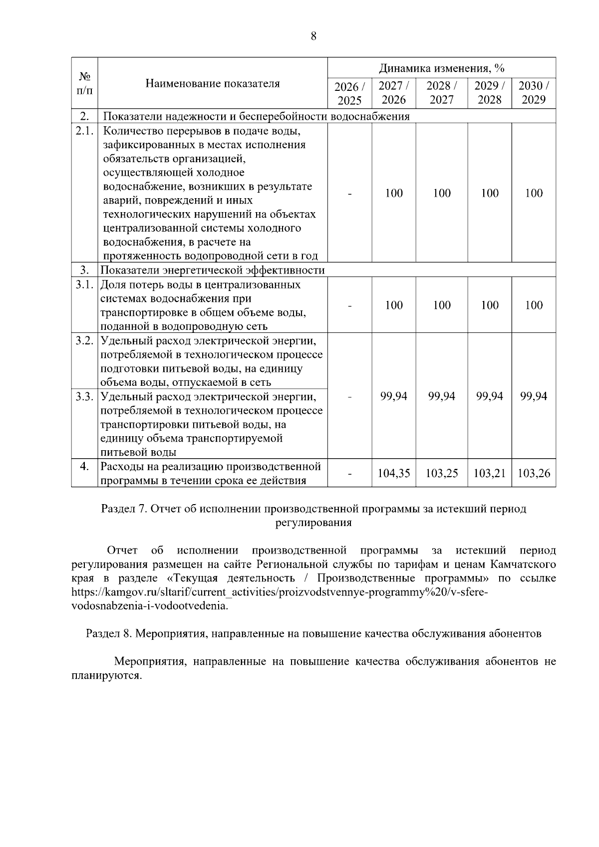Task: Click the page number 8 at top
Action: click(313, 36)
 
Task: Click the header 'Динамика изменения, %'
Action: click(442, 68)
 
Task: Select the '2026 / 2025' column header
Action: click(349, 93)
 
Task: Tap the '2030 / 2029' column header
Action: click(534, 93)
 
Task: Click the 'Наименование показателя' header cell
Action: click(213, 83)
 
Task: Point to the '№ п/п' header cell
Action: click(84, 83)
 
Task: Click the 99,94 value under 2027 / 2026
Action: click(394, 396)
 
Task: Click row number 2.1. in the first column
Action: click(84, 131)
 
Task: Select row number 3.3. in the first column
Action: click(84, 397)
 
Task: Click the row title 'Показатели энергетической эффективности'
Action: click(213, 271)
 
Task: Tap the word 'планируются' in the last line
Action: click(105, 676)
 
